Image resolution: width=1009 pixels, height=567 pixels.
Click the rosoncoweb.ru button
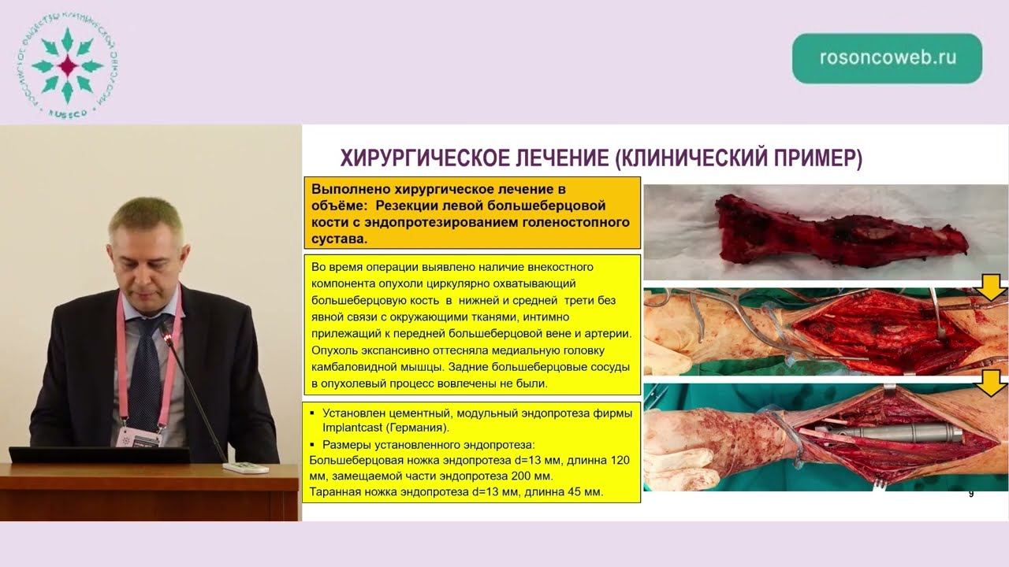point(887,58)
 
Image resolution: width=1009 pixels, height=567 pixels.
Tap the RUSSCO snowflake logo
point(66,66)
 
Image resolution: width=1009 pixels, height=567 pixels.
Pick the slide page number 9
point(970,494)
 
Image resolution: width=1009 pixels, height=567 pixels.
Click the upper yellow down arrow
point(991,288)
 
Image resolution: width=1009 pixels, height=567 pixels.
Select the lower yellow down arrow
point(991,384)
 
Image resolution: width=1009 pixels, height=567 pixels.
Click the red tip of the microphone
point(166,337)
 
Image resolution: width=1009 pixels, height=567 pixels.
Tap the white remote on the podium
point(245,467)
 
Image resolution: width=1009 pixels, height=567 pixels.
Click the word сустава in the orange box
point(339,238)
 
